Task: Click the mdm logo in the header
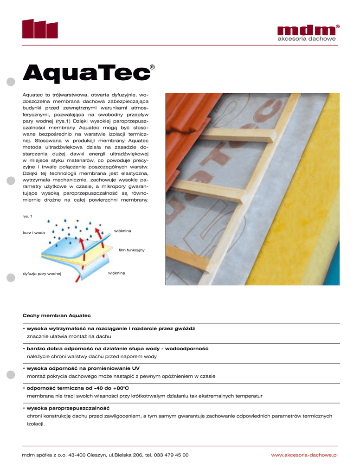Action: (306, 30)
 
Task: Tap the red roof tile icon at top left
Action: (40, 29)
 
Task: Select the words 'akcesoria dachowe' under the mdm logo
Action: (306, 39)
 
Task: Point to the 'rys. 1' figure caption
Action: (27, 216)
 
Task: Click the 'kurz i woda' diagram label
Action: (34, 232)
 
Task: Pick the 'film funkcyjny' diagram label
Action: (132, 250)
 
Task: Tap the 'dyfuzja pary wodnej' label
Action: (42, 274)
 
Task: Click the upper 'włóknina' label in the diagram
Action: (123, 231)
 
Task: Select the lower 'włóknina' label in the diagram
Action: (116, 273)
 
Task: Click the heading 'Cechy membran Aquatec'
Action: (53, 315)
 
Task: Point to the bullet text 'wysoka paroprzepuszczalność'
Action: (68, 408)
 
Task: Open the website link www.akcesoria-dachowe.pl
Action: (304, 455)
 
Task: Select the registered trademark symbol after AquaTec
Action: (152, 68)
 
